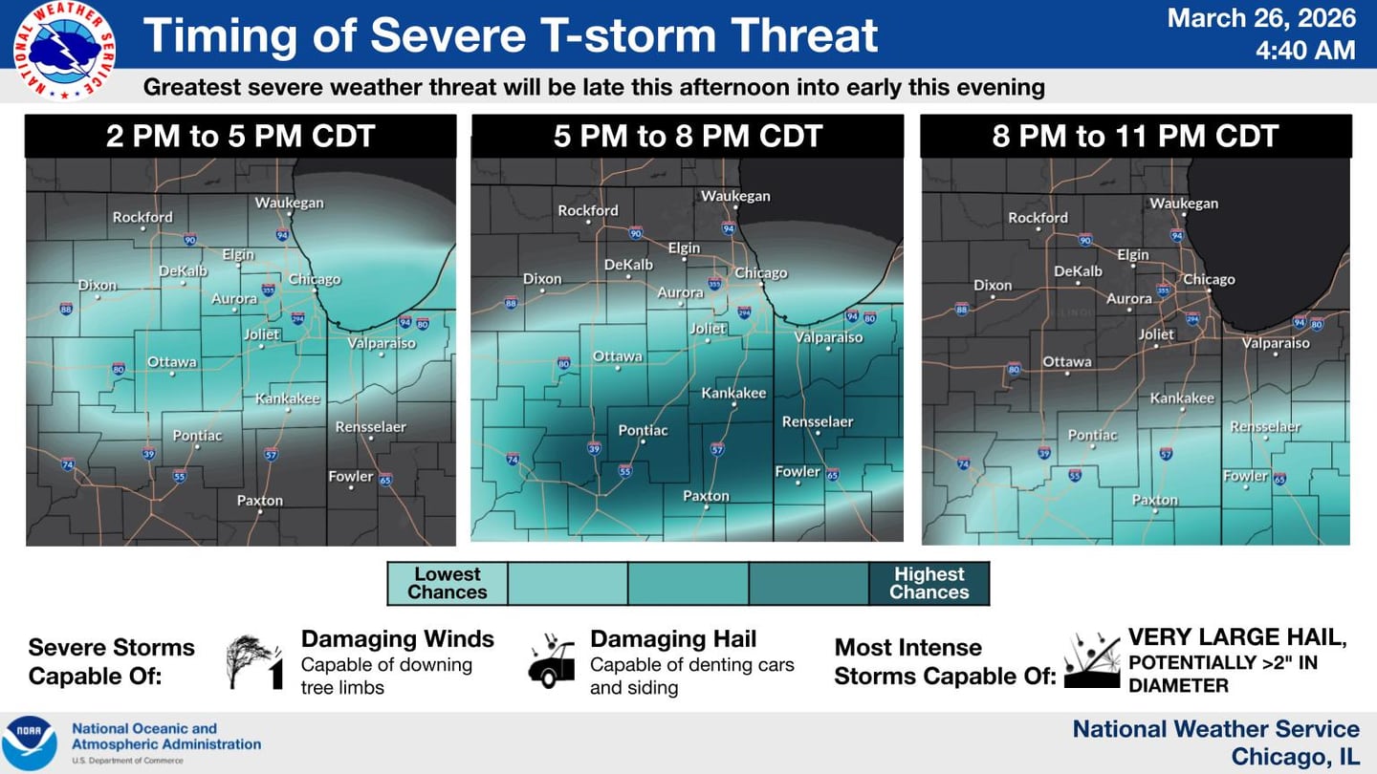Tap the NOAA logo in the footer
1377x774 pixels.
[29, 742]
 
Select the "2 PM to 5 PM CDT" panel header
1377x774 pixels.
[240, 136]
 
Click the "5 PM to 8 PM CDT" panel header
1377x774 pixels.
[688, 136]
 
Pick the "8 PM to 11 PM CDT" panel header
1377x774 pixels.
[1135, 136]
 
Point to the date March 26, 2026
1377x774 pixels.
[1261, 18]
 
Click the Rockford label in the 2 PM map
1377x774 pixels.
[142, 217]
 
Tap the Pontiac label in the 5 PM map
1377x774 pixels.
[644, 430]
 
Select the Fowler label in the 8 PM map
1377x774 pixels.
[1246, 475]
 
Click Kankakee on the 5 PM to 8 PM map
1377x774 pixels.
[733, 393]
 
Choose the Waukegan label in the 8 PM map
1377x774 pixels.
[1184, 203]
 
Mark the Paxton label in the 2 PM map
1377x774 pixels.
[260, 500]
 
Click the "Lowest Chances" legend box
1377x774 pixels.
[447, 583]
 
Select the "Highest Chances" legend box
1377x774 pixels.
[929, 583]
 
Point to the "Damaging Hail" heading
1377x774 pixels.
[673, 639]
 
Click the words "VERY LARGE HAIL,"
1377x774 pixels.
[1236, 637]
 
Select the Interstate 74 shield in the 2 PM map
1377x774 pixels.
[67, 464]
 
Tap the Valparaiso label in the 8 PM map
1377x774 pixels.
[1276, 343]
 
